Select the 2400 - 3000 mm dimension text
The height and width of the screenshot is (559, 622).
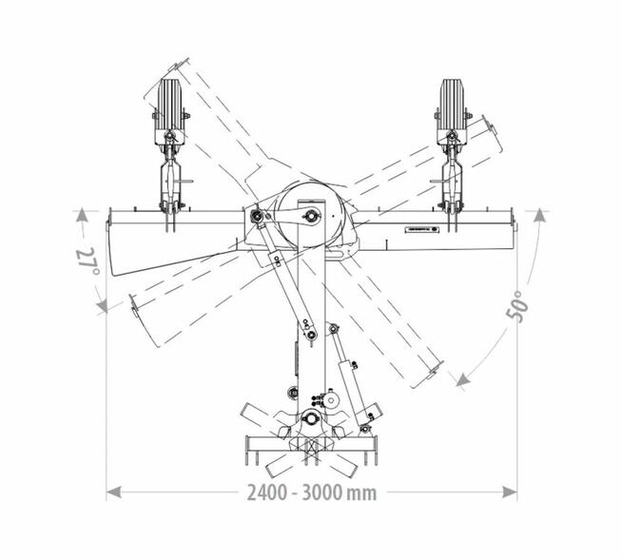312,492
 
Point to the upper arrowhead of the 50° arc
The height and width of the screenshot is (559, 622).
539,216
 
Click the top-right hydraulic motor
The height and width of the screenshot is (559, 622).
453,105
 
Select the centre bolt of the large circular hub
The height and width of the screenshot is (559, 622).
309,218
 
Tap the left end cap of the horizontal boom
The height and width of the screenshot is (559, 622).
109,223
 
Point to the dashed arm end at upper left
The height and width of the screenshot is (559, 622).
162,80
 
